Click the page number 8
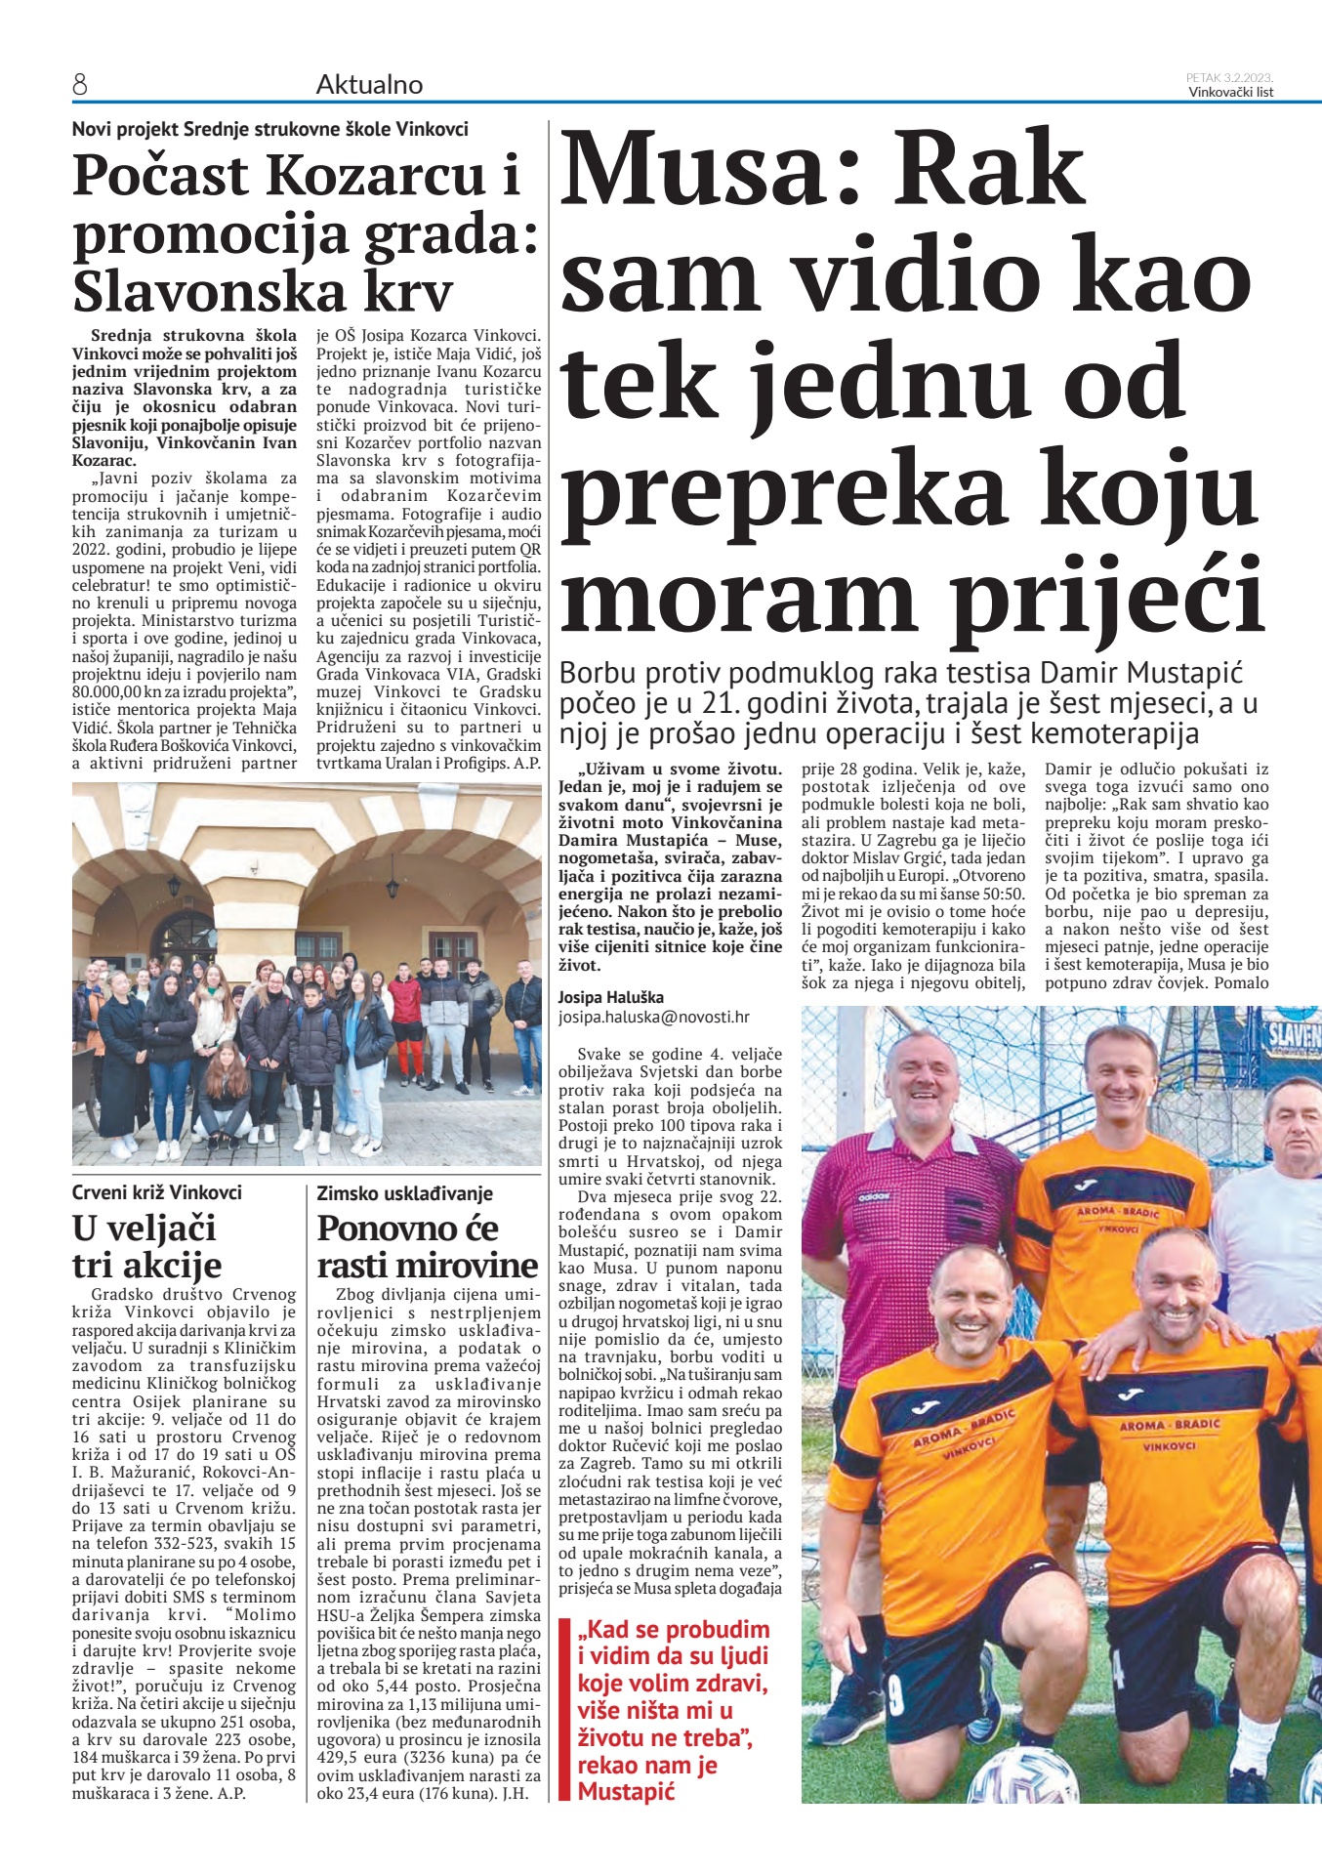coord(80,86)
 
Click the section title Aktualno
coord(369,85)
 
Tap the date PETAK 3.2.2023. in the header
coord(1229,77)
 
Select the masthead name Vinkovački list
coord(1230,93)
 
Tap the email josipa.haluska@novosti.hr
coord(653,1017)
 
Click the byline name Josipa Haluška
coord(610,997)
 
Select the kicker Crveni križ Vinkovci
coord(156,1192)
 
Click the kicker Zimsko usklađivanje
coord(404,1193)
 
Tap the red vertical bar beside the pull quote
coord(562,1709)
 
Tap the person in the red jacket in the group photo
coord(404,1001)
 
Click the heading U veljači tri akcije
coord(146,1246)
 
